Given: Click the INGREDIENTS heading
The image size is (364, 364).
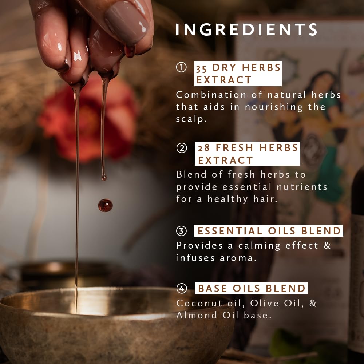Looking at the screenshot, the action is coord(246,29).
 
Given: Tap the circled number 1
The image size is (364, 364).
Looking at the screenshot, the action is coord(181,67).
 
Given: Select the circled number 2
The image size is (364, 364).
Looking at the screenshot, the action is coord(182,148).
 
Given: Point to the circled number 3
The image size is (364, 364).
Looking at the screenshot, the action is coord(181,231).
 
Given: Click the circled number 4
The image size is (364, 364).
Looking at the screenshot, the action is coord(182,289).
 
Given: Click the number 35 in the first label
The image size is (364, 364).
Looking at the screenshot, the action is coord(201,68).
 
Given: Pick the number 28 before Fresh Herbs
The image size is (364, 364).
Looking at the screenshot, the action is coord(203,148).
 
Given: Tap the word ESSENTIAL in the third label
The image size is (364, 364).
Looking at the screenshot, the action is coord(230,231).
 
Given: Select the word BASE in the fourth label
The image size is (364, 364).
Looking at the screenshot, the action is coord(212,289).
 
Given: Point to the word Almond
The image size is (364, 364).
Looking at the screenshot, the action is coord(197,315).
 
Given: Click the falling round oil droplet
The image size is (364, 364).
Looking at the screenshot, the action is coord(106,205).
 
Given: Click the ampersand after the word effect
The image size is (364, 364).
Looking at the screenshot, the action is coord(327,245).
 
